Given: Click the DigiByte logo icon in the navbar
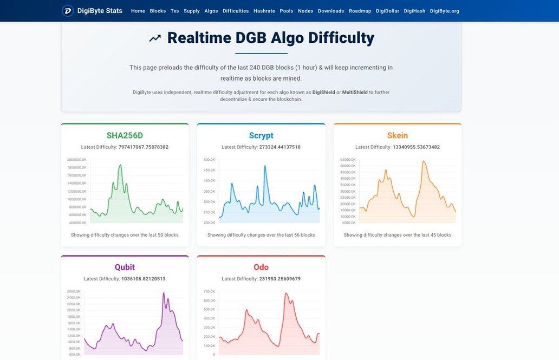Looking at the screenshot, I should (68, 11).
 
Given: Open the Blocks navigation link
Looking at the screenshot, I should (158, 11).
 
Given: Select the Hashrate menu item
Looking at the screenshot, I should (264, 11).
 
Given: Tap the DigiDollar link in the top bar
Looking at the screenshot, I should (387, 11).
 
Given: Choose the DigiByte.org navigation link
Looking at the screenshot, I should (444, 11).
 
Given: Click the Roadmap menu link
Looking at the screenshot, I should (360, 11).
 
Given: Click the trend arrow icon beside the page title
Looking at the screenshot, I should (155, 38).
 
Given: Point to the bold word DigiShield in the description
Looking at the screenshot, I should (323, 92).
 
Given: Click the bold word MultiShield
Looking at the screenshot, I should (355, 92).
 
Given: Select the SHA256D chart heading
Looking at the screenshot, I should (125, 135).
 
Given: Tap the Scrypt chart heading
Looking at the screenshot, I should (261, 135).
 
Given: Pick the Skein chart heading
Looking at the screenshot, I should (398, 135).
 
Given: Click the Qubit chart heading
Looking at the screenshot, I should (125, 267).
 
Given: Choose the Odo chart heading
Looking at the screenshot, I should (261, 267).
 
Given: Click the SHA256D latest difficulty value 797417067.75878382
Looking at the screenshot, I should (144, 147).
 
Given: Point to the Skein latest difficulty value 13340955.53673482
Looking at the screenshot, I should (416, 147).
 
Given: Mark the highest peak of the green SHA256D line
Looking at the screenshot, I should (120, 165).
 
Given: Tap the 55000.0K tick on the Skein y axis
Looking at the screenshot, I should (348, 160).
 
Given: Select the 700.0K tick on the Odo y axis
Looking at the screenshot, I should (209, 291).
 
